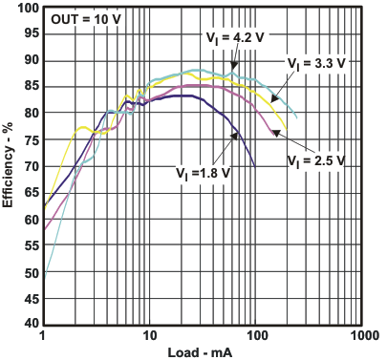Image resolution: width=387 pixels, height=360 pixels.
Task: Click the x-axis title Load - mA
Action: click(203, 351)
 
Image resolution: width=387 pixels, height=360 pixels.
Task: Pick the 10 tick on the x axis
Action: click(148, 337)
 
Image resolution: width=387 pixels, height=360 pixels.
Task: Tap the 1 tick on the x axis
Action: click(43, 337)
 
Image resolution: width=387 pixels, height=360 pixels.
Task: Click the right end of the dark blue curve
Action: click(255, 166)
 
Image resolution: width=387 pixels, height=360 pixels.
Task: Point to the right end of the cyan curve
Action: click(296, 118)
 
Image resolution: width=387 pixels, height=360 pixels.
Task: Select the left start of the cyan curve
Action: click(44, 276)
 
